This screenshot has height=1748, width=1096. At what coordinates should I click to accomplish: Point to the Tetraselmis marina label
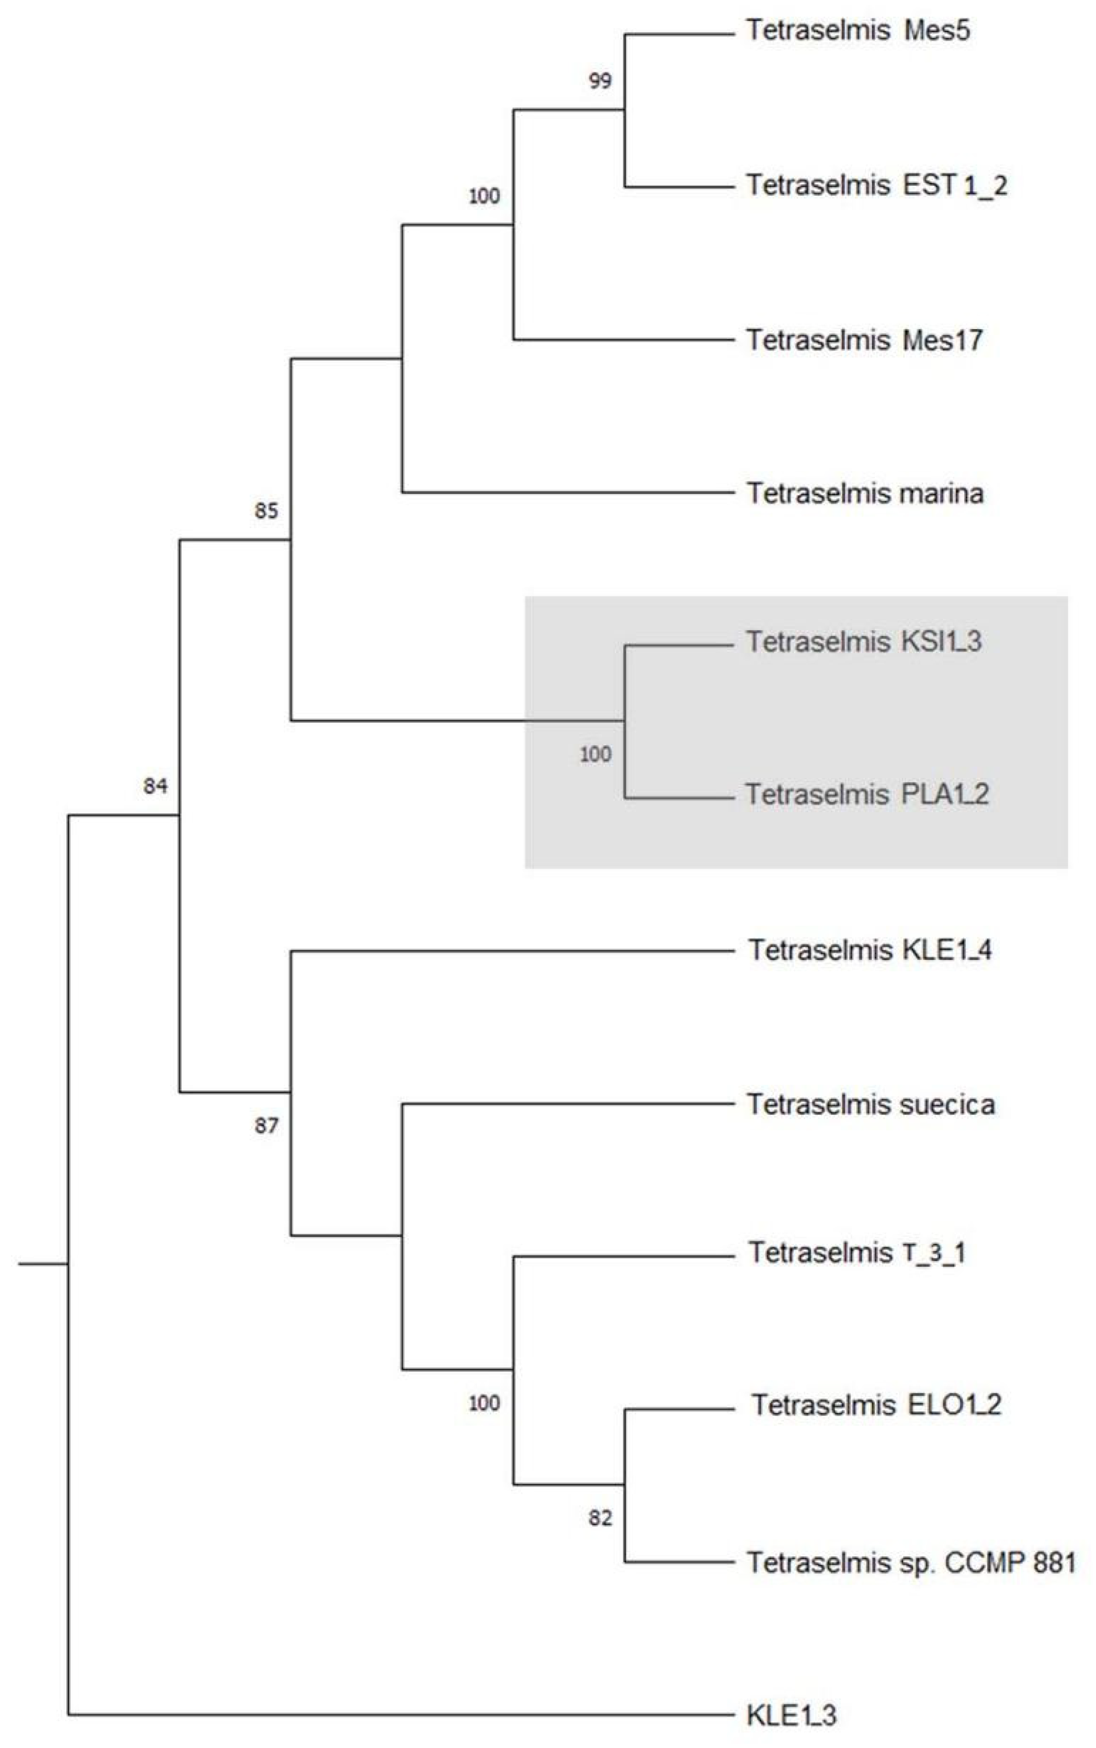[865, 494]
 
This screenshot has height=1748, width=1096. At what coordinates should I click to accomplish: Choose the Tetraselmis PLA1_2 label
[867, 795]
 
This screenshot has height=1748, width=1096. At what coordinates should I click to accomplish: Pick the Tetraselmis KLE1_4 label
[870, 950]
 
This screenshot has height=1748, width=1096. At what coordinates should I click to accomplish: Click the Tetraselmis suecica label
[870, 1104]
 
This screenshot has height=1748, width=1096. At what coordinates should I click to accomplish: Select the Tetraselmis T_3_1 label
[857, 1253]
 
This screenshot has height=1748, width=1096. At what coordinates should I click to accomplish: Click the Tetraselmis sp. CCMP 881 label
[911, 1563]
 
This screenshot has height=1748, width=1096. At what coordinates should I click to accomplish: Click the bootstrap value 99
[600, 81]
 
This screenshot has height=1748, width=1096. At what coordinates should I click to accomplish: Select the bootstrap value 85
[266, 511]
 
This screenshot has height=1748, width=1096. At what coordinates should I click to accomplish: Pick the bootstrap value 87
[266, 1126]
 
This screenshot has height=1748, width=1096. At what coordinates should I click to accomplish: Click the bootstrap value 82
[600, 1518]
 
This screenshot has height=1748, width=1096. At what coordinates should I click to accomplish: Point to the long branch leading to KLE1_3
[398, 1715]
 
